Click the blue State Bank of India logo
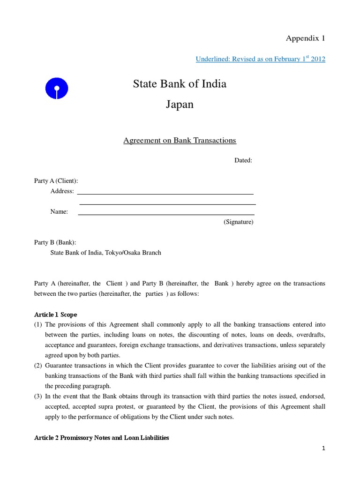tap(57, 88)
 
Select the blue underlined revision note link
tap(260, 59)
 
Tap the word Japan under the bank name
tap(180, 105)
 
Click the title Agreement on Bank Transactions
tap(180, 140)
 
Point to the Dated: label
tap(243, 160)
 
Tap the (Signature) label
tap(238, 222)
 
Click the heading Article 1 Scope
tap(56, 315)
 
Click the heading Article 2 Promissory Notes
tap(102, 438)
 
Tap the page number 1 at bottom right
tap(323, 449)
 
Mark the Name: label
tap(59, 212)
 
